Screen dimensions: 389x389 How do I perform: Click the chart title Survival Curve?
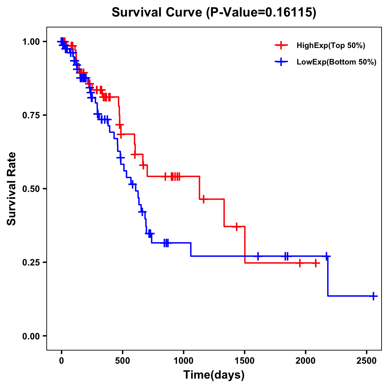click(x=214, y=12)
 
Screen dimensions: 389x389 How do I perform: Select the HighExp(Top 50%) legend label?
click(x=331, y=46)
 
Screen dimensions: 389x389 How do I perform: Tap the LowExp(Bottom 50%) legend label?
click(x=336, y=62)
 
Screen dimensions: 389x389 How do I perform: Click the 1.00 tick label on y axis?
click(x=31, y=41)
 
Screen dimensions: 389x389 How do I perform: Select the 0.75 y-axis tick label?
click(x=31, y=115)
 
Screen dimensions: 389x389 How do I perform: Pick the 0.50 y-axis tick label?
click(x=31, y=189)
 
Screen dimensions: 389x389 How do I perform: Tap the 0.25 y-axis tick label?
click(x=31, y=262)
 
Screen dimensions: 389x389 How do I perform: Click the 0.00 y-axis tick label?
click(x=31, y=336)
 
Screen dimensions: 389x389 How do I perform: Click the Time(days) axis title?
click(x=214, y=375)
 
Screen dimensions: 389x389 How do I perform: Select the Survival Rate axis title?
click(x=12, y=189)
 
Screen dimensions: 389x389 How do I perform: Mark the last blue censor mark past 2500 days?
click(x=373, y=296)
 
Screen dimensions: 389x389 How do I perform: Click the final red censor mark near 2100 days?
click(x=315, y=263)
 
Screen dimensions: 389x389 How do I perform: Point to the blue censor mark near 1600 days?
click(x=258, y=256)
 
